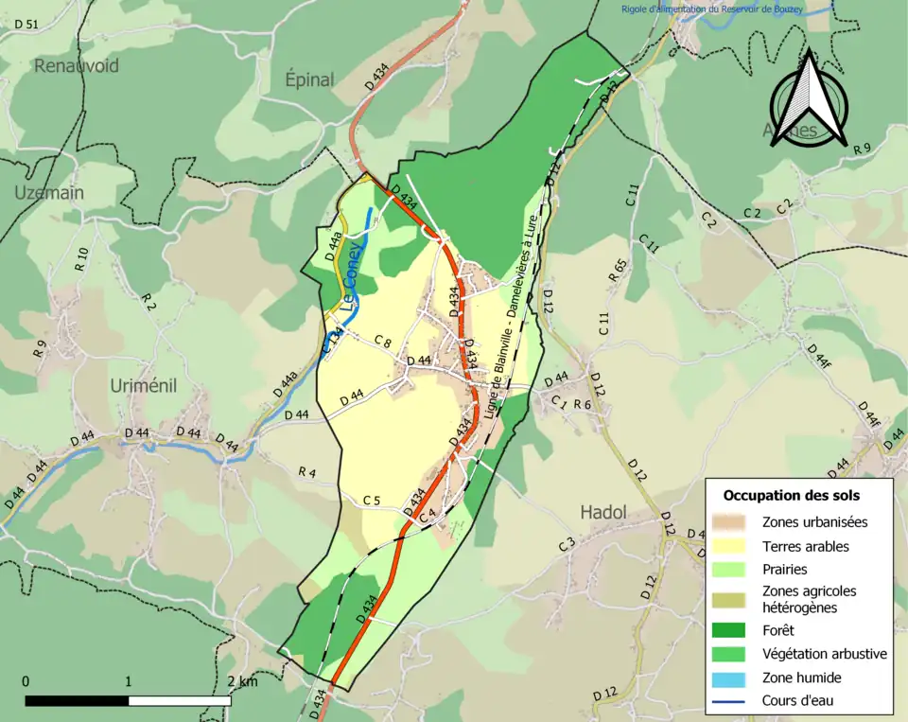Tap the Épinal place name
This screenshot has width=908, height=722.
[x=309, y=79]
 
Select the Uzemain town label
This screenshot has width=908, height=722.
[x=48, y=192]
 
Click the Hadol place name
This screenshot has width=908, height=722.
[x=602, y=512]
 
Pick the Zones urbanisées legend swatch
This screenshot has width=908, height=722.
[x=733, y=521]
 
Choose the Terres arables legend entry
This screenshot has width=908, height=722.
[x=805, y=546]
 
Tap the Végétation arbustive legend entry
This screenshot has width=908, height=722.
[x=824, y=653]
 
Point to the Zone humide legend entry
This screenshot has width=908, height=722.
[x=801, y=678]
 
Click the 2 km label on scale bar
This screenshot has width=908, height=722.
[x=242, y=681]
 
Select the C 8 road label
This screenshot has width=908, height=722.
[x=382, y=341]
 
